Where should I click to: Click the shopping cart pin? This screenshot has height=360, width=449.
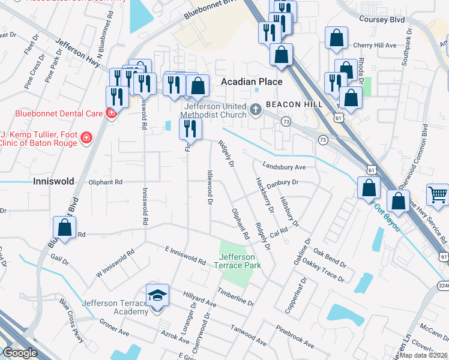coord(438,195)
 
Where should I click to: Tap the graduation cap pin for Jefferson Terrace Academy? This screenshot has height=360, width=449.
coord(157,296)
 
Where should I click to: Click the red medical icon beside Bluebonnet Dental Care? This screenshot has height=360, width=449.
coord(111,113)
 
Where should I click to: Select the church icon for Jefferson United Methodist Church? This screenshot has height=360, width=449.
coord(256,109)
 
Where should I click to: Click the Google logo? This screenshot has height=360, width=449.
coord(19,353)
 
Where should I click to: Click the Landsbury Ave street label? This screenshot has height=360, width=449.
coord(284,167)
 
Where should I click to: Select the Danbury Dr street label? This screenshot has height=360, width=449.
coord(282,182)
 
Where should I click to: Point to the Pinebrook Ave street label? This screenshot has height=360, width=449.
coord(295,337)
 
